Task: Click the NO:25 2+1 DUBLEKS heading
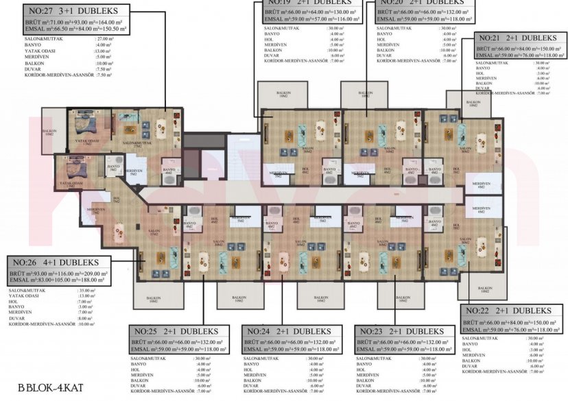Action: click(174, 331)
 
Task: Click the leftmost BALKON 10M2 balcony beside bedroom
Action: click(49, 132)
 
